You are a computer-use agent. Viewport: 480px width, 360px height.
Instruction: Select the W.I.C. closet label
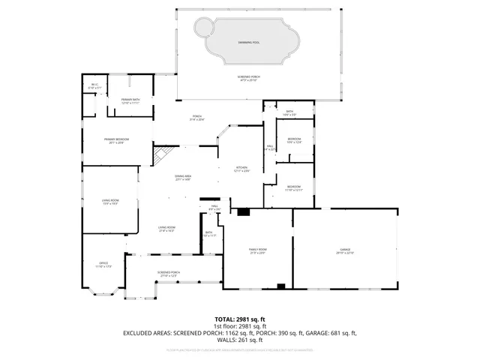[94, 86]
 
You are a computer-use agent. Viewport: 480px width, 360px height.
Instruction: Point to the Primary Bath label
[131, 101]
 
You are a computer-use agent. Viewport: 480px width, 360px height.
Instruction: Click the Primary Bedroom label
[114, 140]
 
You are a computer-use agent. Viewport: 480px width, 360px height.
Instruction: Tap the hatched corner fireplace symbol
[160, 155]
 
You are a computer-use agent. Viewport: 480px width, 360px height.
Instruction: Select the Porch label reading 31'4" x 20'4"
[197, 118]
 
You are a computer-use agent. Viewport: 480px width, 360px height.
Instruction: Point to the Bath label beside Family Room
[209, 234]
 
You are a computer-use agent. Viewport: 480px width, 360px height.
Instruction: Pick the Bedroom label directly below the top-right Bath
[295, 140]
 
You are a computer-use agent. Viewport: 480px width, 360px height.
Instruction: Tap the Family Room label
[258, 250]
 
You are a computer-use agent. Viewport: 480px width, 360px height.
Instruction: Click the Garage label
[345, 250]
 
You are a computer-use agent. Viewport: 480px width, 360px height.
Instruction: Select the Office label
[104, 264]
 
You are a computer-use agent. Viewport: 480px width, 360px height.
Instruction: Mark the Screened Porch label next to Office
[168, 274]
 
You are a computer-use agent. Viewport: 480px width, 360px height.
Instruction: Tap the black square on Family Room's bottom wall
[280, 285]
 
